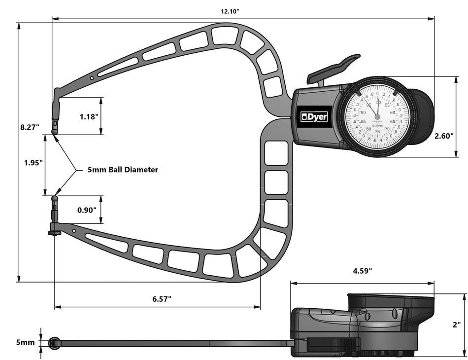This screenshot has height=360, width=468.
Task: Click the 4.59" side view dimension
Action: coord(362,271)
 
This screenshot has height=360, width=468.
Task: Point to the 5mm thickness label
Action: coord(25,342)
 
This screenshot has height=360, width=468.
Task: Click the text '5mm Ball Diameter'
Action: coord(123,170)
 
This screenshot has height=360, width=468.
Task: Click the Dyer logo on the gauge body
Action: coord(314,116)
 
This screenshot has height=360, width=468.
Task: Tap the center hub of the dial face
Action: coord(378,117)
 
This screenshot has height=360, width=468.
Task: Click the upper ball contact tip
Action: coord(55,132)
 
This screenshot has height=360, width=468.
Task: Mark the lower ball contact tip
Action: coord(55,199)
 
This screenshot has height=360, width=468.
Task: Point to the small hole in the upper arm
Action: coord(92,78)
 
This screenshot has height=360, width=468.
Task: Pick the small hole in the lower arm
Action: coord(73,230)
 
